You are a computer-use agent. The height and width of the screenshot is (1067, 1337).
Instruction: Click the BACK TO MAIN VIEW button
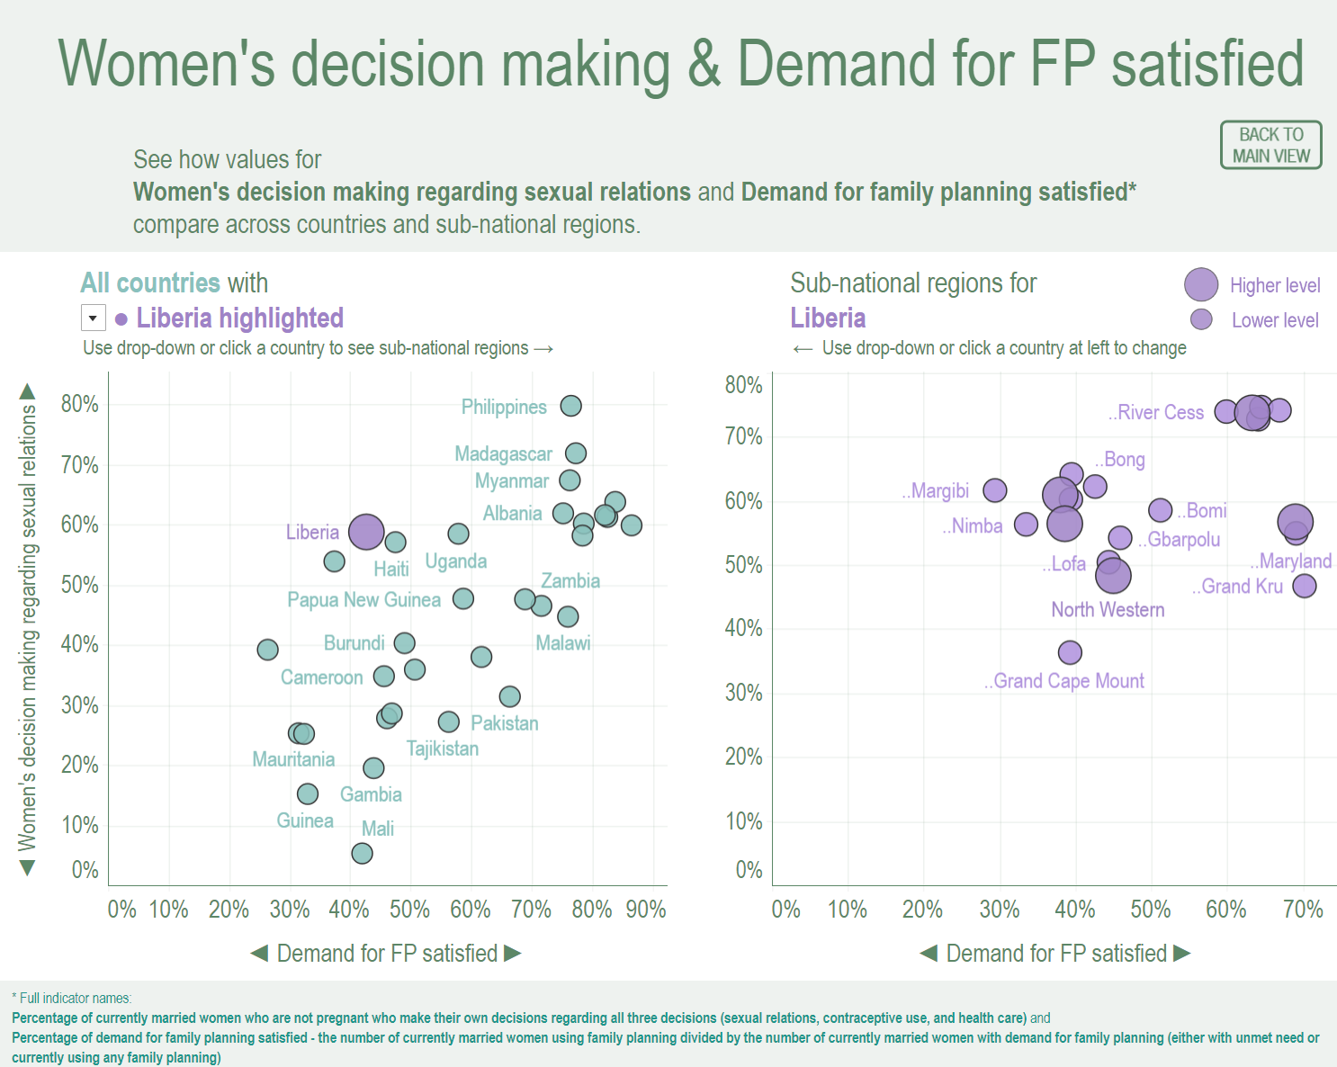[x=1270, y=145]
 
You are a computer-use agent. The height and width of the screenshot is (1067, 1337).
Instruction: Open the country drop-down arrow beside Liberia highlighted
[x=93, y=318]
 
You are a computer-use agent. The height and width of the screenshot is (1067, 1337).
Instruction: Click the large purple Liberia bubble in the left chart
[x=366, y=532]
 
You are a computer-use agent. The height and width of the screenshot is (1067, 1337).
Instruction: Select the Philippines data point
[x=570, y=406]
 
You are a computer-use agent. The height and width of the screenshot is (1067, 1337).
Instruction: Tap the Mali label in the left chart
[x=378, y=829]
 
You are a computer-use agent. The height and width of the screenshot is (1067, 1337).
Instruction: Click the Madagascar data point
[x=576, y=453]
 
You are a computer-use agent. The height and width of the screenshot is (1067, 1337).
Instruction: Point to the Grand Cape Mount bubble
[x=1070, y=652]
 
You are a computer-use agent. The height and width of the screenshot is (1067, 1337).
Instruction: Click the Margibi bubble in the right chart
[x=994, y=490]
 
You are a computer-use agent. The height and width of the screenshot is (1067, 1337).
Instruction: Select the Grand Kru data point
[x=1304, y=586]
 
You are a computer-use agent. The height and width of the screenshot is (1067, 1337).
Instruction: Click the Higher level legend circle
[x=1201, y=284]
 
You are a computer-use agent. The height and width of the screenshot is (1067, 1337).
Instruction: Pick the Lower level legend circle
[x=1201, y=319]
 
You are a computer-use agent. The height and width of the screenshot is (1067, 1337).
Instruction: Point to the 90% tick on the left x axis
[x=646, y=910]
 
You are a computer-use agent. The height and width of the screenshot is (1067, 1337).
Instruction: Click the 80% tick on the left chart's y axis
[x=80, y=404]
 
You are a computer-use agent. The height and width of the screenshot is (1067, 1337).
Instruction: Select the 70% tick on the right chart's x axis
[x=1303, y=910]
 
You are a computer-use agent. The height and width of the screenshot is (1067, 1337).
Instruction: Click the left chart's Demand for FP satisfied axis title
[x=387, y=954]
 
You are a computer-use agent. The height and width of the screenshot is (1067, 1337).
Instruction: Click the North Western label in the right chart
[x=1108, y=610]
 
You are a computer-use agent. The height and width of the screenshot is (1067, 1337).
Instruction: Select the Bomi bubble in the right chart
[x=1161, y=510]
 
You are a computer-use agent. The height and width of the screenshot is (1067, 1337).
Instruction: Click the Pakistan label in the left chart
[x=504, y=723]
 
